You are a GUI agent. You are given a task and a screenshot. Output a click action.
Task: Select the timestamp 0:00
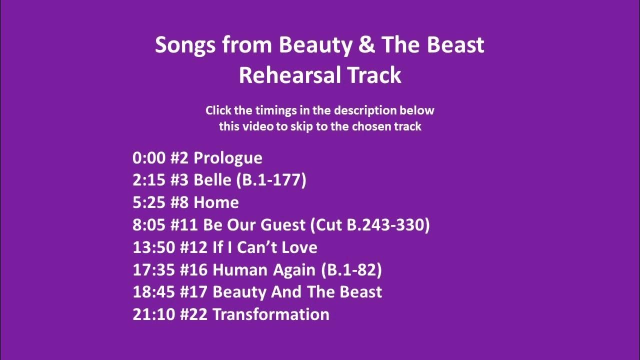[x=148, y=158]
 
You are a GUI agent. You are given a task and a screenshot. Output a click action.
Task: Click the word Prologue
[x=227, y=158]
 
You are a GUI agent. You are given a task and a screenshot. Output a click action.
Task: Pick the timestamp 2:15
[x=148, y=180]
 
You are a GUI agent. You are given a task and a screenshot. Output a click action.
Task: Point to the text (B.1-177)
[x=270, y=180]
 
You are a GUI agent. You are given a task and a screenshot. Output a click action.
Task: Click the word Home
[x=216, y=202]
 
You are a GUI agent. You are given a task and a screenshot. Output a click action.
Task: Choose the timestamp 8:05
[x=148, y=225]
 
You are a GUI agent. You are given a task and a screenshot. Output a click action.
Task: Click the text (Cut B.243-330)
[x=370, y=225]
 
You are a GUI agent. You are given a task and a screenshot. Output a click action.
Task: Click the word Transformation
[x=270, y=314]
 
